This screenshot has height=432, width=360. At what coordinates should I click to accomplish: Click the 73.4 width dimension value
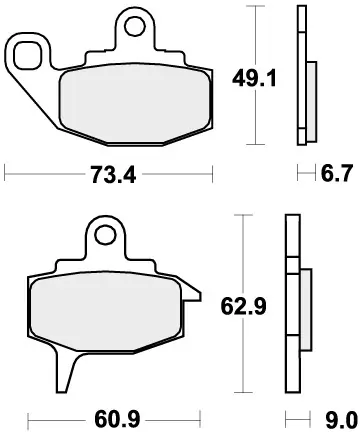pyautogui.click(x=113, y=175)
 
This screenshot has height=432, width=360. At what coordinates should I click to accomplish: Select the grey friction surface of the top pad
pyautogui.click(x=135, y=102)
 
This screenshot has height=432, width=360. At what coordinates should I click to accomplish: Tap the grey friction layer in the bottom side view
pyautogui.click(x=300, y=309)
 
